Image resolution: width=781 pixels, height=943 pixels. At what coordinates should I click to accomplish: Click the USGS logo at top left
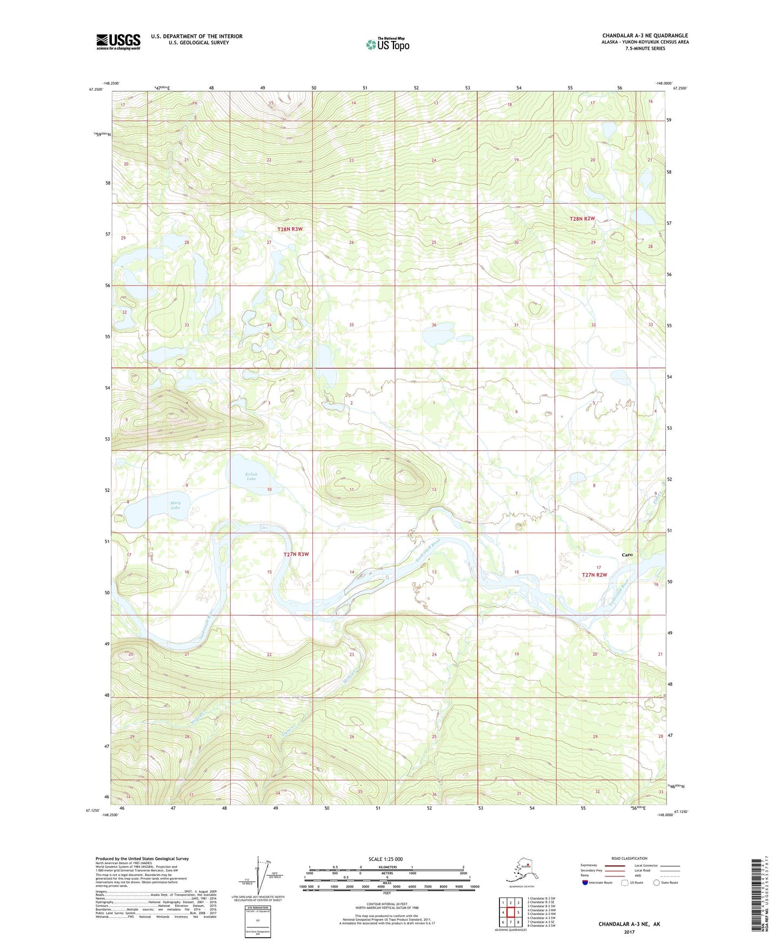click(118, 42)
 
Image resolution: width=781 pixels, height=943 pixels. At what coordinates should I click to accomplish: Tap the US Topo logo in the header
click(387, 44)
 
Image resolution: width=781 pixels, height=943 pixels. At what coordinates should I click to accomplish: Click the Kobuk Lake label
click(251, 476)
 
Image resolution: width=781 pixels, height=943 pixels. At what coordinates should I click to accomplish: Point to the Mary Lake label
click(175, 505)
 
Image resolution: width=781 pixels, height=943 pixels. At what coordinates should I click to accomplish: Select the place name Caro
click(627, 555)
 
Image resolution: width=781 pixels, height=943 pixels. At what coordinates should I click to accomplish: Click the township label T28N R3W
click(290, 229)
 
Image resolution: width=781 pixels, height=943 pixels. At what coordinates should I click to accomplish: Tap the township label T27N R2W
click(595, 575)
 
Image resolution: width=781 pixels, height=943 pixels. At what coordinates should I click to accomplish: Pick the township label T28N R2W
click(582, 219)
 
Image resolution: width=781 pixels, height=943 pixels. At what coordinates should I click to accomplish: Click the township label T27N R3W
click(296, 554)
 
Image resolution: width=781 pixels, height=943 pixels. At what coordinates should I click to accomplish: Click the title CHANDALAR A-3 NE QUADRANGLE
click(645, 36)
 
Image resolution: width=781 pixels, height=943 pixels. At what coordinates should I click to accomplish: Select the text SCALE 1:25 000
click(385, 859)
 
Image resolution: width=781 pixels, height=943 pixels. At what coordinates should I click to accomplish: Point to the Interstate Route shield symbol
click(585, 883)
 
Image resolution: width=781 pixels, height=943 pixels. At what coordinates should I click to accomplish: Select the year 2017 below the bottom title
click(629, 932)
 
